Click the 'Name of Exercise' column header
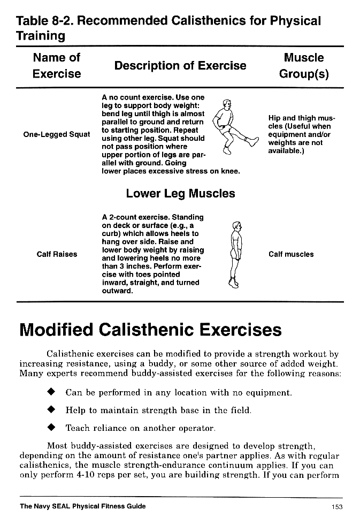coord(57,65)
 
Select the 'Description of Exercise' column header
coord(180,66)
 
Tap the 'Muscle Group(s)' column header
coord(304,65)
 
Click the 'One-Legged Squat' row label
coord(57,134)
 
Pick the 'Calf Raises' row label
coord(57,254)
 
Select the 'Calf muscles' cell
coord(291,254)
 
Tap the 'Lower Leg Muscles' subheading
coord(180,193)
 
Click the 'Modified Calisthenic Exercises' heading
coord(150,329)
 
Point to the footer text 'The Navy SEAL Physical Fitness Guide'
coord(82,506)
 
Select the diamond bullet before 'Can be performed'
coord(52,392)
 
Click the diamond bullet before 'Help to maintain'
coord(52,410)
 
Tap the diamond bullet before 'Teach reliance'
coord(52,428)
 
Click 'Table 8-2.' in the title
coord(46,21)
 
